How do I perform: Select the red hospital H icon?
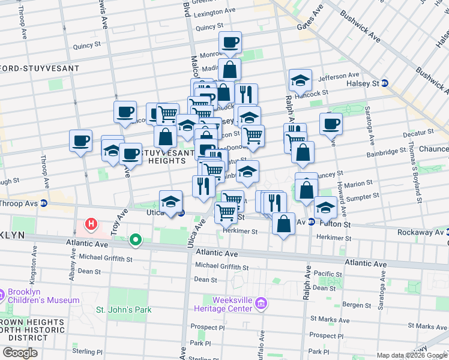91,225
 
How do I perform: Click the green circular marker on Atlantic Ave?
136,241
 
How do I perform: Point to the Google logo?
20,352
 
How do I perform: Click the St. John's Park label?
124,310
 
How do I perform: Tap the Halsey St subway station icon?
385,83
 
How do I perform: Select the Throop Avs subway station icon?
44,203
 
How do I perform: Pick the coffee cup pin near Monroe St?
230,42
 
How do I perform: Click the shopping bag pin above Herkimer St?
283,224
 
